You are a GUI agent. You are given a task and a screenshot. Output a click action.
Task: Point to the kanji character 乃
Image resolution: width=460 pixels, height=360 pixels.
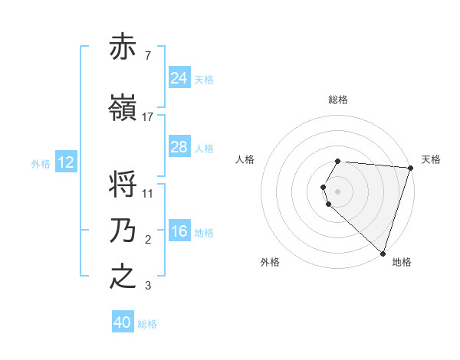pos(123,231)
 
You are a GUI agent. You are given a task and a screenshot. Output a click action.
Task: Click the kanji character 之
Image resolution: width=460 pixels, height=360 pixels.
pos(123,277)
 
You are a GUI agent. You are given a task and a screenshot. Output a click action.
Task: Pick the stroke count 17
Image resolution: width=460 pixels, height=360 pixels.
pos(148,116)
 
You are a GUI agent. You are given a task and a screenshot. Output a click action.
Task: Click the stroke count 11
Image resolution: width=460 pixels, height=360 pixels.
pos(148,193)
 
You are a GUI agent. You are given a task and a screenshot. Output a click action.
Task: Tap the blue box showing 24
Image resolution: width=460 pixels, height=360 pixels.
pos(179,77)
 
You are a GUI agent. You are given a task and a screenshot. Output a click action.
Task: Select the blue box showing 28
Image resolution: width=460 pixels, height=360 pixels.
pos(179,147)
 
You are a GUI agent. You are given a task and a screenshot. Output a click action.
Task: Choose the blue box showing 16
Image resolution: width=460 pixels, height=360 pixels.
pos(179,231)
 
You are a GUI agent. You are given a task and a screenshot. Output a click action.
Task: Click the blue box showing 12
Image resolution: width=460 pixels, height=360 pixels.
pos(65,162)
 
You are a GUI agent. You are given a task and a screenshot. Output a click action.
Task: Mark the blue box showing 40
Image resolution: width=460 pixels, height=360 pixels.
pos(123,322)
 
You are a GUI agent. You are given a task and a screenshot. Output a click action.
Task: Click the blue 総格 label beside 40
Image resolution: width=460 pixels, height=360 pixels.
pos(147,324)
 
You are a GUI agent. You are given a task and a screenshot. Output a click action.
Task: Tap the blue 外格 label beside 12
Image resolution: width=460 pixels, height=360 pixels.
pos(41,163)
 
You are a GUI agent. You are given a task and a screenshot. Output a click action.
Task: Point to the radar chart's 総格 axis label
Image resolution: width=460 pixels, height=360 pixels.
pos(338,100)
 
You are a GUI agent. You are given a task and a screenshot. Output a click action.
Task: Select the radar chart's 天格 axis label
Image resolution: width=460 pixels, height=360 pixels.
pos(431,159)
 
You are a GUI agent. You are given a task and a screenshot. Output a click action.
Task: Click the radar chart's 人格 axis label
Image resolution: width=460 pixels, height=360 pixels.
pos(245,159)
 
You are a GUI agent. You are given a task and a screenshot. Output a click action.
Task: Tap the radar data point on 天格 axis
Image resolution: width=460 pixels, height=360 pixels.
pos(411,168)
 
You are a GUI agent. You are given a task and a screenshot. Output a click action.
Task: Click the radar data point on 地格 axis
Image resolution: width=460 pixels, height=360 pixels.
pos(383,253)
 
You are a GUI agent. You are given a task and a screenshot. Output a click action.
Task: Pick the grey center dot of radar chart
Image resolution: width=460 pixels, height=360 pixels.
pos(338,191)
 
